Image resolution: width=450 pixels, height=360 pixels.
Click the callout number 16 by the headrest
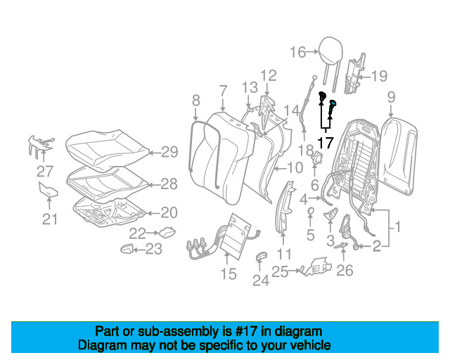pos(298,51)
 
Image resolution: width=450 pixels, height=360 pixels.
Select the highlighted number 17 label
pos(325,142)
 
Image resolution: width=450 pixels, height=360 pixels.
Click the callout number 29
pos(170,151)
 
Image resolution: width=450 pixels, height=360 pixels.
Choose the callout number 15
pos(229,274)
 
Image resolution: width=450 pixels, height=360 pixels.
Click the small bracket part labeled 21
pos(49,191)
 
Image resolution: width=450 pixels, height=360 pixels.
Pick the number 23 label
pos(153,248)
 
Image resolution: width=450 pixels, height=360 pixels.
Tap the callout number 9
pos(391,96)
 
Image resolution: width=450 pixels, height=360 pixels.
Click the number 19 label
pos(379,76)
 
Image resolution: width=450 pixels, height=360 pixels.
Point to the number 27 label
pos(45,170)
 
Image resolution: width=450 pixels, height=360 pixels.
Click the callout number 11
pos(283,253)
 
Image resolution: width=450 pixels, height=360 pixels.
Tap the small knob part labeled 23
pos(127,248)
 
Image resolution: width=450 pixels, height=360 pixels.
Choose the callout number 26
pos(345,269)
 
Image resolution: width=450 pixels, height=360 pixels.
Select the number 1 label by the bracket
pos(396,227)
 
